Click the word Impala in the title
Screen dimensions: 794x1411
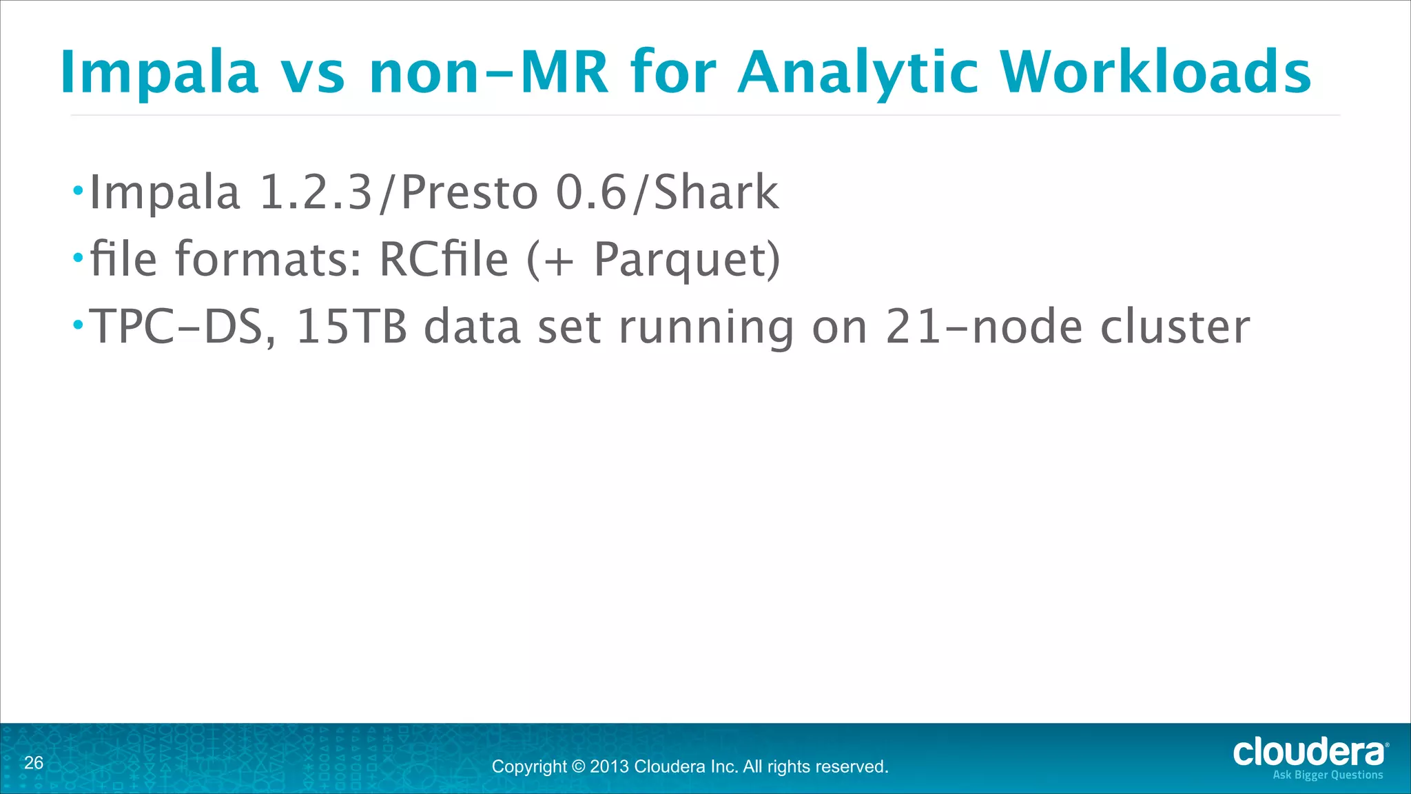pyautogui.click(x=159, y=73)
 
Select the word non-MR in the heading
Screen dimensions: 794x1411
pyautogui.click(x=488, y=73)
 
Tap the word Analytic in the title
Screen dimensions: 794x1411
pyautogui.click(x=857, y=73)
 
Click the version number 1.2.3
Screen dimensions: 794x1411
pyautogui.click(x=316, y=193)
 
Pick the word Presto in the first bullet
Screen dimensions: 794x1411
pyautogui.click(x=469, y=193)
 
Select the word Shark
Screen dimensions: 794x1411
pyautogui.click(x=716, y=193)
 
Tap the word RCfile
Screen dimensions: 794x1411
pyautogui.click(x=444, y=260)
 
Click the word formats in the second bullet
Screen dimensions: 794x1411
pyautogui.click(x=268, y=260)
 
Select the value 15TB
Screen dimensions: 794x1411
pyautogui.click(x=351, y=327)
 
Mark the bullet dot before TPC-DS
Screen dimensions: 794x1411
pyautogui.click(x=79, y=325)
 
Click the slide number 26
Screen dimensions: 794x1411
pyautogui.click(x=34, y=763)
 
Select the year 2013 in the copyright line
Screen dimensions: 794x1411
pyautogui.click(x=609, y=766)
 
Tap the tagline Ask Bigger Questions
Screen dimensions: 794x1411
pyautogui.click(x=1328, y=775)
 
